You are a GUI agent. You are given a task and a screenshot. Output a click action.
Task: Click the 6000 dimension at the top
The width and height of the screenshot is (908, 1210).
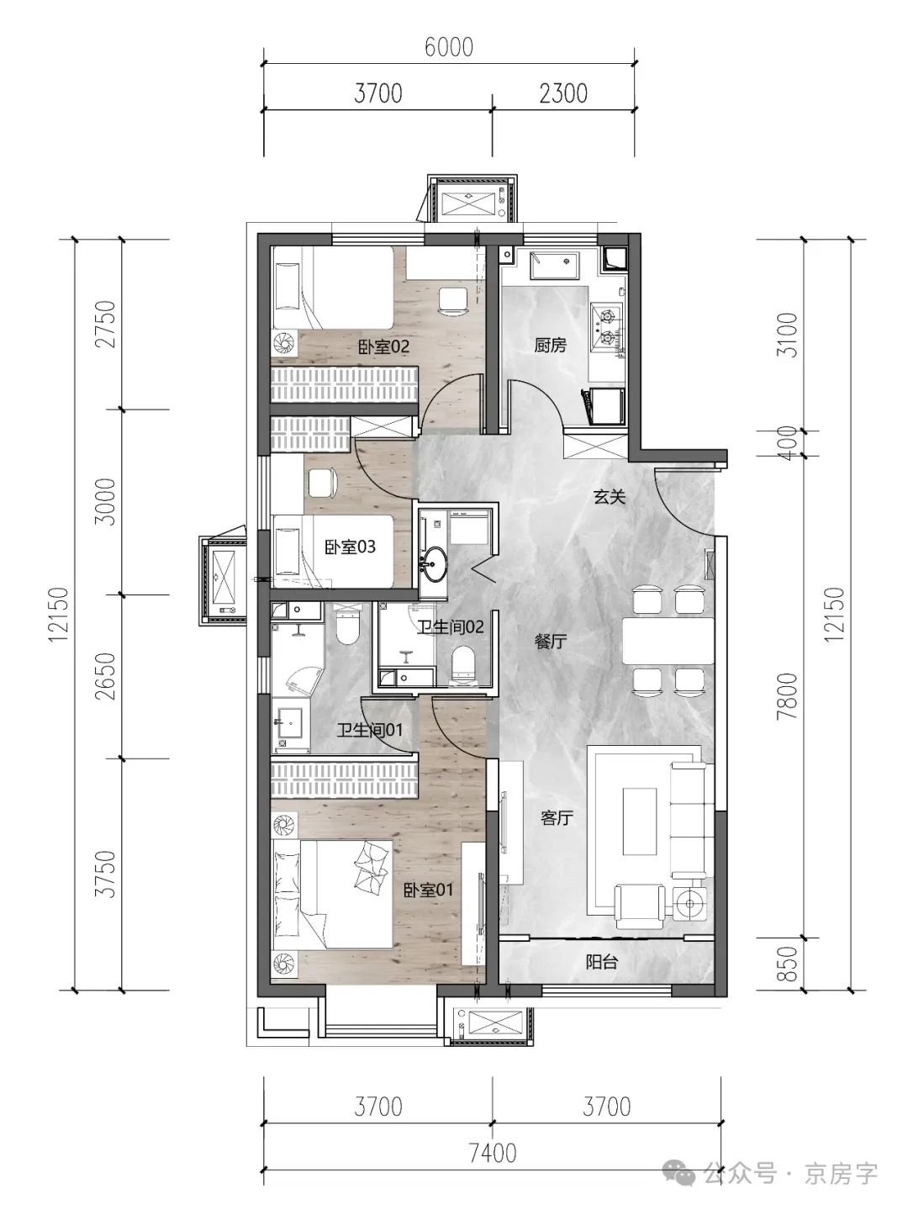(x=449, y=47)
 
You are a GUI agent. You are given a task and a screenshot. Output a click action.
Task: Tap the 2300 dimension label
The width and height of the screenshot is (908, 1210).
(x=563, y=92)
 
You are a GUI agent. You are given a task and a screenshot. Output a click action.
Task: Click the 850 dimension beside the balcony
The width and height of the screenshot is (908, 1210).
(x=789, y=963)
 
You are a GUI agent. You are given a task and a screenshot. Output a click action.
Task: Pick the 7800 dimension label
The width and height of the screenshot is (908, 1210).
(x=789, y=695)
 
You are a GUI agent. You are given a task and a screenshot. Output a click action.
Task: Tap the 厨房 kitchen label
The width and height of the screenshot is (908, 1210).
(x=550, y=346)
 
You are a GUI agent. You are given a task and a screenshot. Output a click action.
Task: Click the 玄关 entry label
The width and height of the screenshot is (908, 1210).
(x=610, y=497)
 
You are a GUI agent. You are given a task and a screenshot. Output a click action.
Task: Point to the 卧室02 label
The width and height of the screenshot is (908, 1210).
(x=384, y=346)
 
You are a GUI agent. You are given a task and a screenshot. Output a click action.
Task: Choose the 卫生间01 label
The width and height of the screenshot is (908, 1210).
(x=370, y=731)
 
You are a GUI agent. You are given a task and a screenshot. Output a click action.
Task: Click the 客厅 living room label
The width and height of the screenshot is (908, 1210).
(x=557, y=818)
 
